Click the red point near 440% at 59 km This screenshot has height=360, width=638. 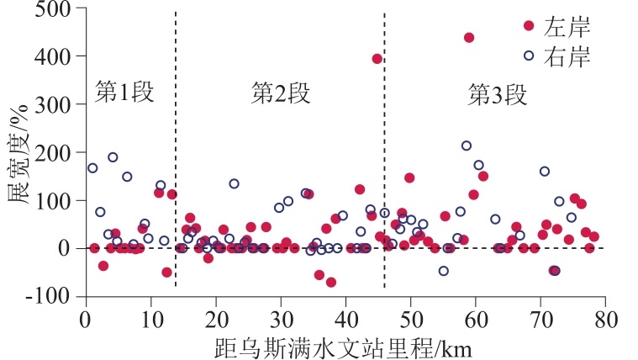pyautogui.click(x=469, y=38)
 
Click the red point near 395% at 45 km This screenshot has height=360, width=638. pyautogui.click(x=377, y=59)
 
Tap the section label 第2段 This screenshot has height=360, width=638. pyautogui.click(x=281, y=93)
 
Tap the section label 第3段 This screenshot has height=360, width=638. pyautogui.click(x=497, y=93)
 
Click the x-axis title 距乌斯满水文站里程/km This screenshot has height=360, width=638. pyautogui.click(x=345, y=346)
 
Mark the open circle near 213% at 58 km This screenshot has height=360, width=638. pyautogui.click(x=467, y=146)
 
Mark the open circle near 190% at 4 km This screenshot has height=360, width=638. pyautogui.click(x=113, y=157)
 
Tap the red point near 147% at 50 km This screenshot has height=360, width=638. pyautogui.click(x=409, y=177)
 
